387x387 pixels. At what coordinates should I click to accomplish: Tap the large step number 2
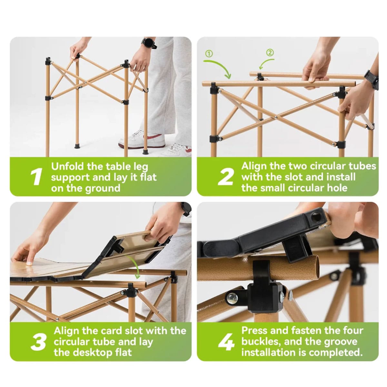pyautogui.click(x=225, y=176)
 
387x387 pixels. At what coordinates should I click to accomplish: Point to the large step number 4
pyautogui.click(x=226, y=342)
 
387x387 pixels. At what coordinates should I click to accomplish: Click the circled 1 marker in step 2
pyautogui.click(x=209, y=54)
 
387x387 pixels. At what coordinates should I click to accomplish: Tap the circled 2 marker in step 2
pyautogui.click(x=270, y=53)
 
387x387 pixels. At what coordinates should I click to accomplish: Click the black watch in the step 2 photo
pyautogui.click(x=372, y=79)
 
